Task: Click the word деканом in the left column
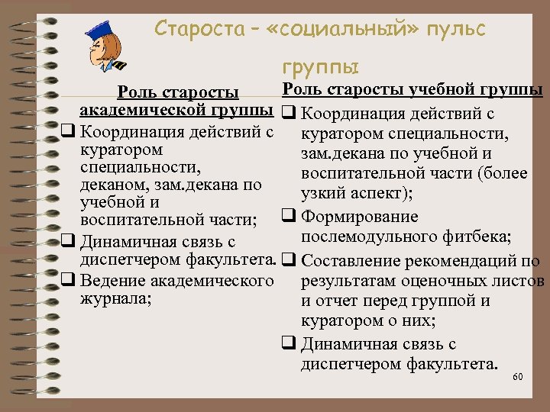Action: coord(108,185)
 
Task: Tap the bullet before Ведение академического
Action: coord(67,281)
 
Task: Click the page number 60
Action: coord(517,378)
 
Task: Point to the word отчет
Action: coord(343,301)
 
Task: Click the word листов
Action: coord(519,282)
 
